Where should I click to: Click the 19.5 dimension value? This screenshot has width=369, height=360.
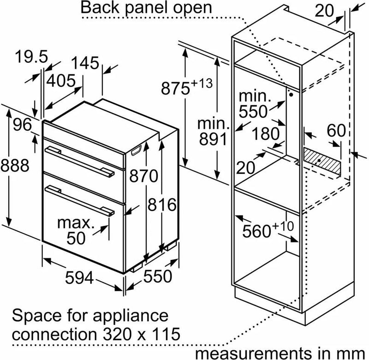(x=31, y=57)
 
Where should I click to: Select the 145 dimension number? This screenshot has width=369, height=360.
(x=85, y=63)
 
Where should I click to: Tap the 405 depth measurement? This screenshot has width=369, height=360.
(x=61, y=80)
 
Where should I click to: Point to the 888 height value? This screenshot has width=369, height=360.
(x=15, y=165)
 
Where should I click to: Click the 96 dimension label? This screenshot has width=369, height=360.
(x=22, y=125)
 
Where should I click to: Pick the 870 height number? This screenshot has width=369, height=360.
(x=143, y=176)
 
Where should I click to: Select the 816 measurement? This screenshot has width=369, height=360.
(x=162, y=204)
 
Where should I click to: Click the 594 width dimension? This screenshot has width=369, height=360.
(x=79, y=277)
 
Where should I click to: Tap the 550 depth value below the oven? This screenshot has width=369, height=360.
(x=158, y=276)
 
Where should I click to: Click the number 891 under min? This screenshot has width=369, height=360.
(x=213, y=138)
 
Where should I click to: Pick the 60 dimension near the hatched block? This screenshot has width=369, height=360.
(x=336, y=130)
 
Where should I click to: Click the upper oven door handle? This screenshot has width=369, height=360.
(x=79, y=161)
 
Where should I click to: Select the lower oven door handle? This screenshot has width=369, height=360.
(x=79, y=200)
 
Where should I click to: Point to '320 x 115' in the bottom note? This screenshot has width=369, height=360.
(x=142, y=334)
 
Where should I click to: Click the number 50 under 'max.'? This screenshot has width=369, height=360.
(x=76, y=238)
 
